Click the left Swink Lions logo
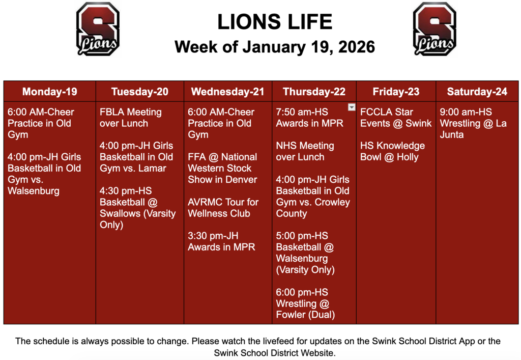[x=98, y=29]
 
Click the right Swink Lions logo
[x=434, y=29]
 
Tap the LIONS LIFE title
[x=274, y=22]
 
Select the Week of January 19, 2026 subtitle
[x=274, y=47]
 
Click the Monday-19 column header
[x=50, y=92]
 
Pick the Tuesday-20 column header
[x=139, y=92]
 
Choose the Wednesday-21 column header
[x=227, y=92]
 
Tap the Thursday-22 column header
[x=314, y=92]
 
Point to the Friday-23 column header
[x=396, y=92]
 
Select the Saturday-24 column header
[x=477, y=92]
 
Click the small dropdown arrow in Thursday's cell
[x=351, y=107]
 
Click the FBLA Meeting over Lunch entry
[x=130, y=118]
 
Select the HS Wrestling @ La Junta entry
[x=473, y=123]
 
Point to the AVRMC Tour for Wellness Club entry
[x=223, y=208]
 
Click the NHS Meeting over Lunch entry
[x=305, y=151]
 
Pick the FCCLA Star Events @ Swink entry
[x=395, y=118]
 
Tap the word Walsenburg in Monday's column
[x=34, y=191]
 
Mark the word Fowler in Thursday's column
[x=292, y=315]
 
